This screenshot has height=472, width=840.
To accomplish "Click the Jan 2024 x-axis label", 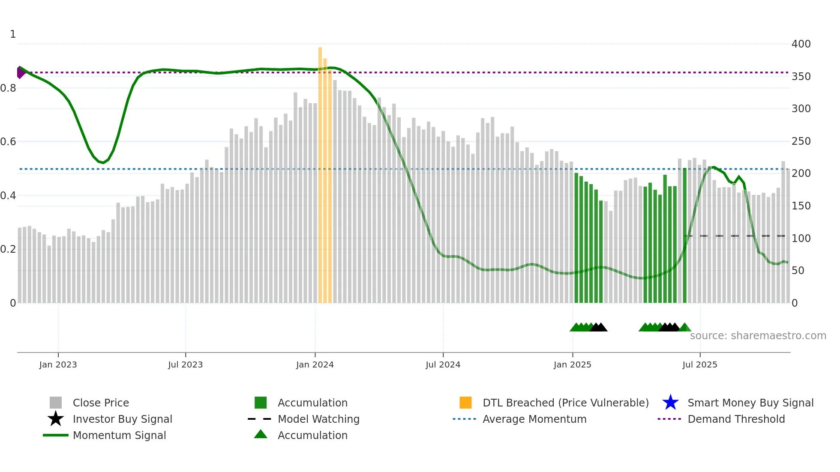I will (x=315, y=364).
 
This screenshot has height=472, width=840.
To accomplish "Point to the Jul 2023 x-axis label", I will (x=185, y=364).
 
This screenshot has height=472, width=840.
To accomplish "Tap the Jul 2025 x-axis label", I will (x=699, y=364).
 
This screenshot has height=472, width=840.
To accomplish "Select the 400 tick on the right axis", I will (x=801, y=44).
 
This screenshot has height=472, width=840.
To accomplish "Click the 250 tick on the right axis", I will (x=801, y=141).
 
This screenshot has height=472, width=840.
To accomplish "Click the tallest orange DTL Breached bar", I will (x=320, y=171).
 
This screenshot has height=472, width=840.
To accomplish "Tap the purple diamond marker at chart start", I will (x=20, y=72).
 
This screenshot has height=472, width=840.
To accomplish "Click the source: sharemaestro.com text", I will (x=758, y=336).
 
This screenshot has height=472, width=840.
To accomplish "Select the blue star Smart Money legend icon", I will (x=670, y=403).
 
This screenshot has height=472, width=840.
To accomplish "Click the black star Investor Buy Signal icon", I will (x=56, y=419).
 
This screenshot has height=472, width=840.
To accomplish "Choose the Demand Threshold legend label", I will (x=736, y=419).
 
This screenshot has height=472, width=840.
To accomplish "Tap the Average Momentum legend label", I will (x=534, y=419).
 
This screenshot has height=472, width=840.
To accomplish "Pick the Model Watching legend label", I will (x=318, y=419).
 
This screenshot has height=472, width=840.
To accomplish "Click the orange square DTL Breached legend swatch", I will (x=465, y=403).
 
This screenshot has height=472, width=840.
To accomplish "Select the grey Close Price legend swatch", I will (x=56, y=403).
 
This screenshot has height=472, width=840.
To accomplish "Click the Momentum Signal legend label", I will (x=119, y=435).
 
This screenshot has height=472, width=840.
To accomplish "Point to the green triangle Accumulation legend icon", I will (x=261, y=435).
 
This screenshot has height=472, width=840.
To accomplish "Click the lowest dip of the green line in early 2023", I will (x=103, y=163).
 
